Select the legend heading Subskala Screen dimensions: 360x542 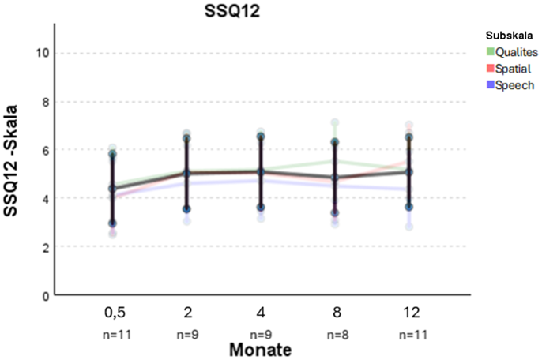tap(510, 36)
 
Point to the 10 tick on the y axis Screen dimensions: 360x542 tap(41, 54)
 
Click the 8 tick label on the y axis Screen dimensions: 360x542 tap(45, 102)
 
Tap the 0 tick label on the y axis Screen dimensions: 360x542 tap(45, 295)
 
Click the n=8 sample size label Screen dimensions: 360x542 tap(335, 332)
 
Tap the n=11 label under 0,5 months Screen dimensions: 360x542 tap(113, 332)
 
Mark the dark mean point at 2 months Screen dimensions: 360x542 tap(187, 174)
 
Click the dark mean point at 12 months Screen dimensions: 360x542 tap(408, 171)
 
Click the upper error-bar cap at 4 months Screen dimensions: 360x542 tap(261, 137)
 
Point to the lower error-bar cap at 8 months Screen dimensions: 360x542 tap(335, 212)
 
